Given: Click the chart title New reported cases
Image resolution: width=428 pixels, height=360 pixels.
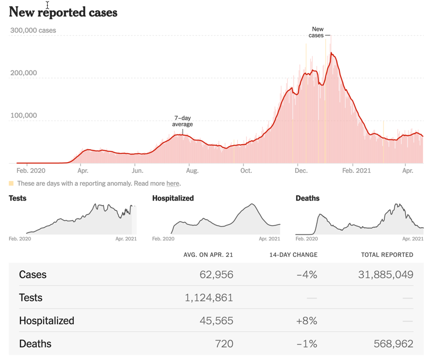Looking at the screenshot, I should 63,12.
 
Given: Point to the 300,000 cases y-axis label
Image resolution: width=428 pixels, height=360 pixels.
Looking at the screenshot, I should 33,31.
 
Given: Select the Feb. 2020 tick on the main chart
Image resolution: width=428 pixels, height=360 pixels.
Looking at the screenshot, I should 30,170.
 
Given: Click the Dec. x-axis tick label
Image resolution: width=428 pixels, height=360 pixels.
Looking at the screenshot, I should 301,170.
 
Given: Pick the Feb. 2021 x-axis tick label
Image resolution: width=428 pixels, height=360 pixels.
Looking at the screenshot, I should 356,170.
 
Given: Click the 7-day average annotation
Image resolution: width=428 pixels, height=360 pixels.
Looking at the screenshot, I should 182,121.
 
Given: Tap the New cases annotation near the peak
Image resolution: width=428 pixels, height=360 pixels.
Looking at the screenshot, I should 317,32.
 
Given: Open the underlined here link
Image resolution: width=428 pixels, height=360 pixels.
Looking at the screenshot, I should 173,184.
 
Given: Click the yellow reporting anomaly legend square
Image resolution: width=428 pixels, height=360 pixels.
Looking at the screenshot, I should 11,183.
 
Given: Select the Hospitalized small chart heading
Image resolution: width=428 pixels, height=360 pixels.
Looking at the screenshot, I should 173,198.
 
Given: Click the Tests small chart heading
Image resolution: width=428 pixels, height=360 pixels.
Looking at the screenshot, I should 17,198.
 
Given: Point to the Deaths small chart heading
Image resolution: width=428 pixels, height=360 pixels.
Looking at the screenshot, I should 308,198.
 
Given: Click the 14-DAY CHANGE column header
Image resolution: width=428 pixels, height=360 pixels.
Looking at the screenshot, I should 293,255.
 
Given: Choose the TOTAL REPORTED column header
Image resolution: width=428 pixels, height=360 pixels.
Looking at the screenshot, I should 387,255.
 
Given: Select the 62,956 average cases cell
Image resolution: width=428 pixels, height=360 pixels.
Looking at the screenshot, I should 216,275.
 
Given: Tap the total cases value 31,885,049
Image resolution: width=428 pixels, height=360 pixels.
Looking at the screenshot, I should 385,275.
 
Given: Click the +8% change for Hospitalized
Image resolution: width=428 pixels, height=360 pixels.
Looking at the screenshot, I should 307,321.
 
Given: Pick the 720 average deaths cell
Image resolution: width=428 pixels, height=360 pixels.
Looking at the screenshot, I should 224,344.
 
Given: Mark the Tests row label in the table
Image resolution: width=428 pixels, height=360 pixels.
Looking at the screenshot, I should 31,298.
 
